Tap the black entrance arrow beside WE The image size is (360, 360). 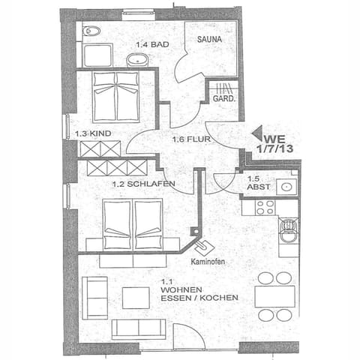click(258, 136)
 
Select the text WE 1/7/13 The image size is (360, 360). click(273, 143)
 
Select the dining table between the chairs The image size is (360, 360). click(274, 296)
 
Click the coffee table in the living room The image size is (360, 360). click(136, 298)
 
